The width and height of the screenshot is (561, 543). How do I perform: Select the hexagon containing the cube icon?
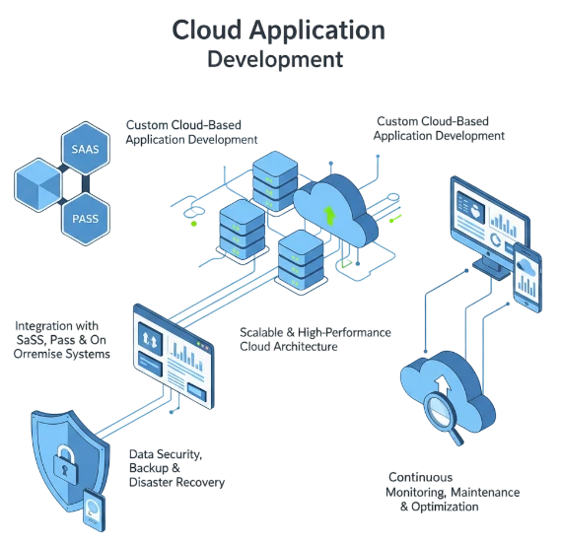tap(38, 184)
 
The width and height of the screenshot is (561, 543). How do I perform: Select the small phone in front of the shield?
tap(93, 511)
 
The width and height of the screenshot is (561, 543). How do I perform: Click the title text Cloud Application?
tap(279, 30)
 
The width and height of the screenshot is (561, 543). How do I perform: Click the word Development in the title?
tap(279, 59)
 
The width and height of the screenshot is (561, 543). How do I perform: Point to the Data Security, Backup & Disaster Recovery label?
tap(178, 469)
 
